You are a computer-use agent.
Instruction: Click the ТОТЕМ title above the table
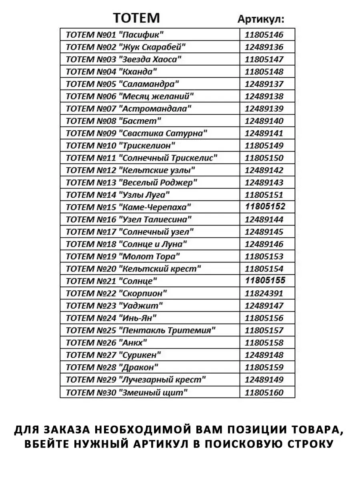(136, 18)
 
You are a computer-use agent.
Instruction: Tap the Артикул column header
(261, 19)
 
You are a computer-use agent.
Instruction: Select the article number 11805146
(264, 35)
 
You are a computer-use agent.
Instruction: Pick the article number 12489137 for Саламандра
(264, 84)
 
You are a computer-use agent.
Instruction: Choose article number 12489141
(264, 133)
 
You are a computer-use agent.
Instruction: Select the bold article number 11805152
(265, 207)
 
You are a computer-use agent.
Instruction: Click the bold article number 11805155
(265, 280)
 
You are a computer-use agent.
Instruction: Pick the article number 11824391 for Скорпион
(264, 293)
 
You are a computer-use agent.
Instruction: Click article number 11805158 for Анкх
(264, 343)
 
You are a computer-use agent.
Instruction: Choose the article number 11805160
(264, 392)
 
